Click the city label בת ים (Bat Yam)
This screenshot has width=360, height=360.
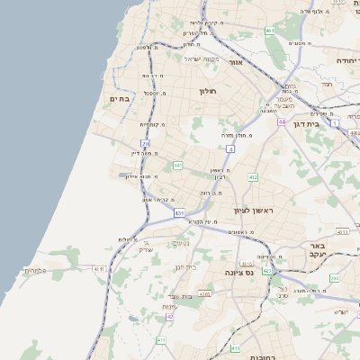click(x=121, y=99)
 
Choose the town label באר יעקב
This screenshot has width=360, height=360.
click(x=316, y=250)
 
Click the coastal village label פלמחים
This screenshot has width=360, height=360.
click(x=34, y=271)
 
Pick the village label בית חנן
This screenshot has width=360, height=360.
click(x=184, y=267)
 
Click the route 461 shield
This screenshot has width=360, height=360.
click(x=270, y=31)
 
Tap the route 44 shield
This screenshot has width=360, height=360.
click(x=282, y=121)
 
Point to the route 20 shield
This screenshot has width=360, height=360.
click(x=145, y=144)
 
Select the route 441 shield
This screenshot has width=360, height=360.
click(x=178, y=166)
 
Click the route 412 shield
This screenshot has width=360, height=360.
click(x=253, y=177)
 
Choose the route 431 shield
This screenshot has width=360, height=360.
click(x=179, y=213)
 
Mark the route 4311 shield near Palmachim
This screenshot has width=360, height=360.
click(x=98, y=268)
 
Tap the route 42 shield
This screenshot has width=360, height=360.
click(x=167, y=318)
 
